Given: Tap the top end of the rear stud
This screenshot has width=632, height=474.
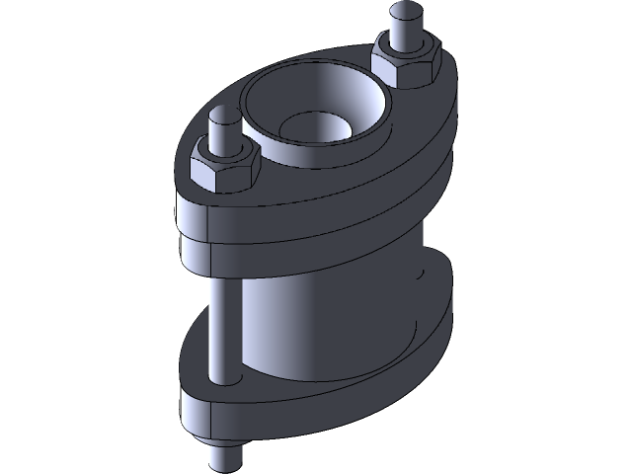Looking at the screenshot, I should (x=403, y=12).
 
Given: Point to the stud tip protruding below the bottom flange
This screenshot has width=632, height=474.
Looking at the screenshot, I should (x=226, y=456).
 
